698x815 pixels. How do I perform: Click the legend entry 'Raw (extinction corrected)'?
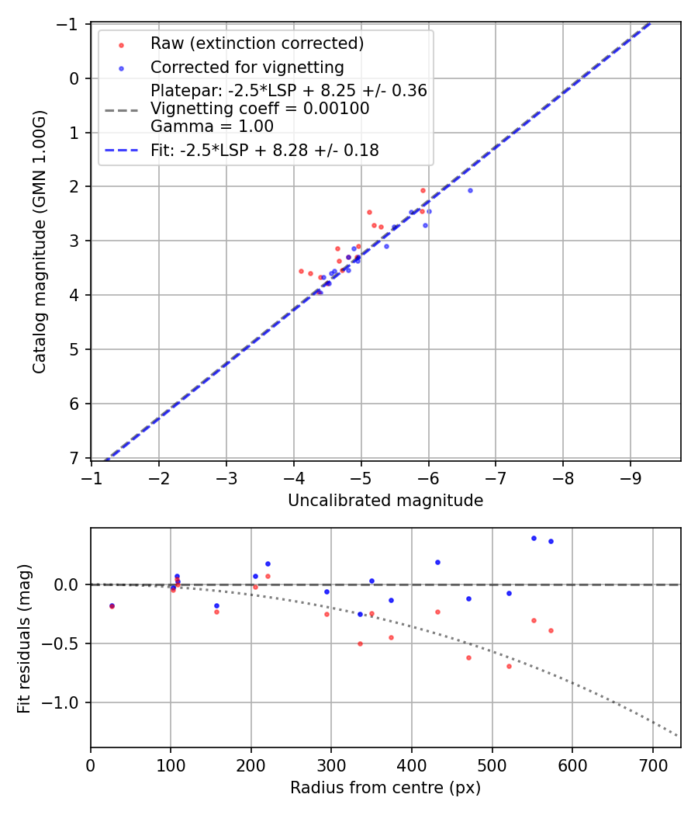(x=257, y=43)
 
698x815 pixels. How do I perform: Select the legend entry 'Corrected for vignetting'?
(x=247, y=67)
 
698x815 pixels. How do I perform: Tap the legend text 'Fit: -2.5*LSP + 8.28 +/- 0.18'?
(x=264, y=151)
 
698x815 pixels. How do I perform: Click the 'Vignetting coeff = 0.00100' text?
(x=260, y=109)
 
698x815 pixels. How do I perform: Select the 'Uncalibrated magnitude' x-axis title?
(x=385, y=501)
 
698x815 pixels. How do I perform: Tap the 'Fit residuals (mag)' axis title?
(x=24, y=637)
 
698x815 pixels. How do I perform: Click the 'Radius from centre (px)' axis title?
(x=385, y=788)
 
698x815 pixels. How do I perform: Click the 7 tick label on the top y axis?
(x=74, y=458)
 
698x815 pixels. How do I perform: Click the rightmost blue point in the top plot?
(x=470, y=190)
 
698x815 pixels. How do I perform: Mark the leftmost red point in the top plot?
(x=301, y=271)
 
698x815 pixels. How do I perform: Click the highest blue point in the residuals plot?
(x=534, y=538)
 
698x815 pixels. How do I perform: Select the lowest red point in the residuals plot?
(x=509, y=666)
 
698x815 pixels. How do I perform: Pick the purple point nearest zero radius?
(x=112, y=605)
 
